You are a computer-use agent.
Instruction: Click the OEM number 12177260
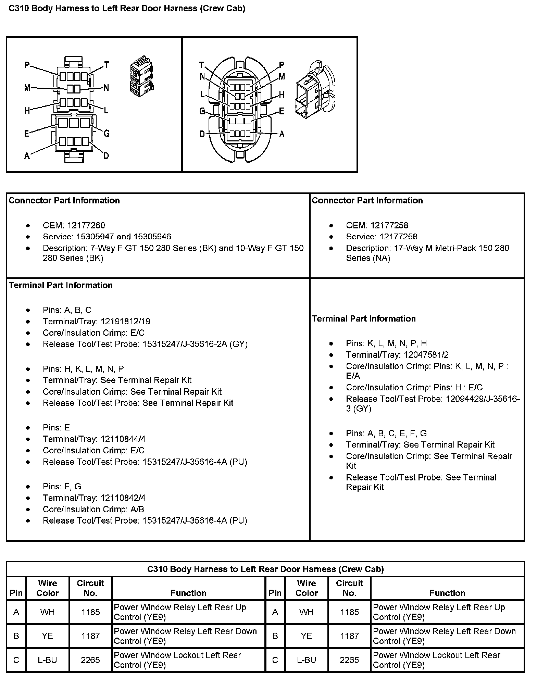[x=86, y=225]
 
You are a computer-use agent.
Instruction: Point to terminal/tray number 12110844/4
[x=121, y=439]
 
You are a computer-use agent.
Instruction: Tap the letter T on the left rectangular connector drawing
[x=107, y=64]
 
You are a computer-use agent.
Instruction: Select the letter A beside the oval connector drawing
[x=282, y=134]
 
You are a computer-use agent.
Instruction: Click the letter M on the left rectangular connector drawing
[x=27, y=88]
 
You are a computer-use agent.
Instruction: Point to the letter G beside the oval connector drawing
[x=202, y=111]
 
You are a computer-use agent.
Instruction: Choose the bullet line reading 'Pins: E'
[x=56, y=427]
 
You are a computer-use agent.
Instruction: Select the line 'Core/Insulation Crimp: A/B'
[x=93, y=509]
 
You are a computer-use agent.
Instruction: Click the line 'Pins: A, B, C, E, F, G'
[x=386, y=433]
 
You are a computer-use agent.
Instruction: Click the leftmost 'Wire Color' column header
[x=47, y=588]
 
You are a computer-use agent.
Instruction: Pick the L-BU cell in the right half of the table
[x=306, y=660]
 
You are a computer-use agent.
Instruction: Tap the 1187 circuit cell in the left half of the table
[x=90, y=636]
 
